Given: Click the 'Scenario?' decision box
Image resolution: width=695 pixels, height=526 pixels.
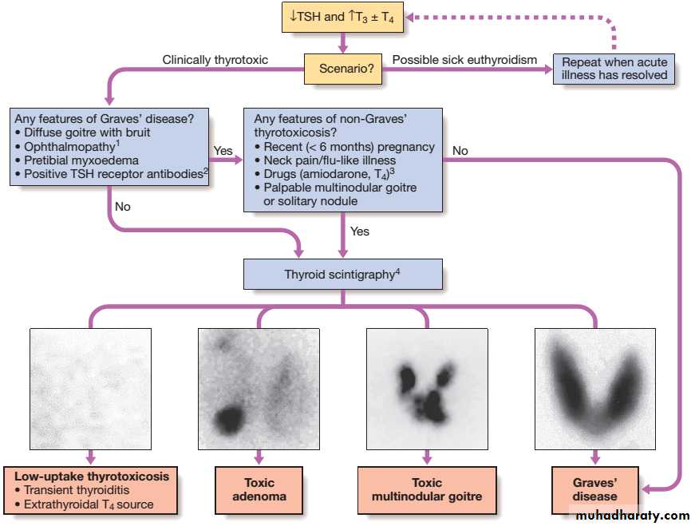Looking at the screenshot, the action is click(x=342, y=69).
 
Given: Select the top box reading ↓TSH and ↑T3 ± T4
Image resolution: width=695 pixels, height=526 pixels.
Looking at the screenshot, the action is click(x=342, y=18).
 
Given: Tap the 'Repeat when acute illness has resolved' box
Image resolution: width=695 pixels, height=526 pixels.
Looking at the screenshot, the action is click(x=614, y=69).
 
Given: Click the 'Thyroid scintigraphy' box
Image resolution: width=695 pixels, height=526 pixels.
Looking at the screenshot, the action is click(x=342, y=274).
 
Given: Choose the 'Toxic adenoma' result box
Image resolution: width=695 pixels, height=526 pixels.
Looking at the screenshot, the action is click(x=259, y=489).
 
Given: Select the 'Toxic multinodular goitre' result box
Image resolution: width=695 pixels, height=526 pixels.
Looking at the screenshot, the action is click(x=427, y=489).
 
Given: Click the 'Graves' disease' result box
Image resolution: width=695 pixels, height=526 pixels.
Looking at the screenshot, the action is click(x=594, y=489).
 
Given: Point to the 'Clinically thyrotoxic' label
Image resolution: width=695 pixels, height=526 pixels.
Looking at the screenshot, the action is click(x=215, y=60).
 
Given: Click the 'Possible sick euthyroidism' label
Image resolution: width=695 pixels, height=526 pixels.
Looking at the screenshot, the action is click(x=464, y=60).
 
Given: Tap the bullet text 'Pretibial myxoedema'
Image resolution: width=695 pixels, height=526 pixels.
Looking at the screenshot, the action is click(x=81, y=160).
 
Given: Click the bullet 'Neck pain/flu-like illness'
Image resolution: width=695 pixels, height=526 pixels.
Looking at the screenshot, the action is click(x=330, y=160).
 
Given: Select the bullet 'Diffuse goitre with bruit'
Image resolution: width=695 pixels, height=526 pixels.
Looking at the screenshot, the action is click(x=87, y=132).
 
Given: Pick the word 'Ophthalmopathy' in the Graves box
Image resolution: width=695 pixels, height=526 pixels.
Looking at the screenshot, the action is click(x=69, y=147).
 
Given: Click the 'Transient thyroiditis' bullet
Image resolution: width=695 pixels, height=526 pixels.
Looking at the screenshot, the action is click(x=77, y=490).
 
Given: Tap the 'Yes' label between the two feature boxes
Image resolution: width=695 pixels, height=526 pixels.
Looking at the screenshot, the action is click(x=223, y=151).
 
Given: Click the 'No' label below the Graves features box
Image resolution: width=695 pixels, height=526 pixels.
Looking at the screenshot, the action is click(x=123, y=207).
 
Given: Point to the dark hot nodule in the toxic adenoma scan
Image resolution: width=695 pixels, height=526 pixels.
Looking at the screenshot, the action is click(x=229, y=419).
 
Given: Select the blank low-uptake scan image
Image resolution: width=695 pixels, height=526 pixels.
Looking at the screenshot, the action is click(x=90, y=389).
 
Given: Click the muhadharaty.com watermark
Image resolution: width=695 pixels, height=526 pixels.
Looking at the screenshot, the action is click(x=633, y=516).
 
